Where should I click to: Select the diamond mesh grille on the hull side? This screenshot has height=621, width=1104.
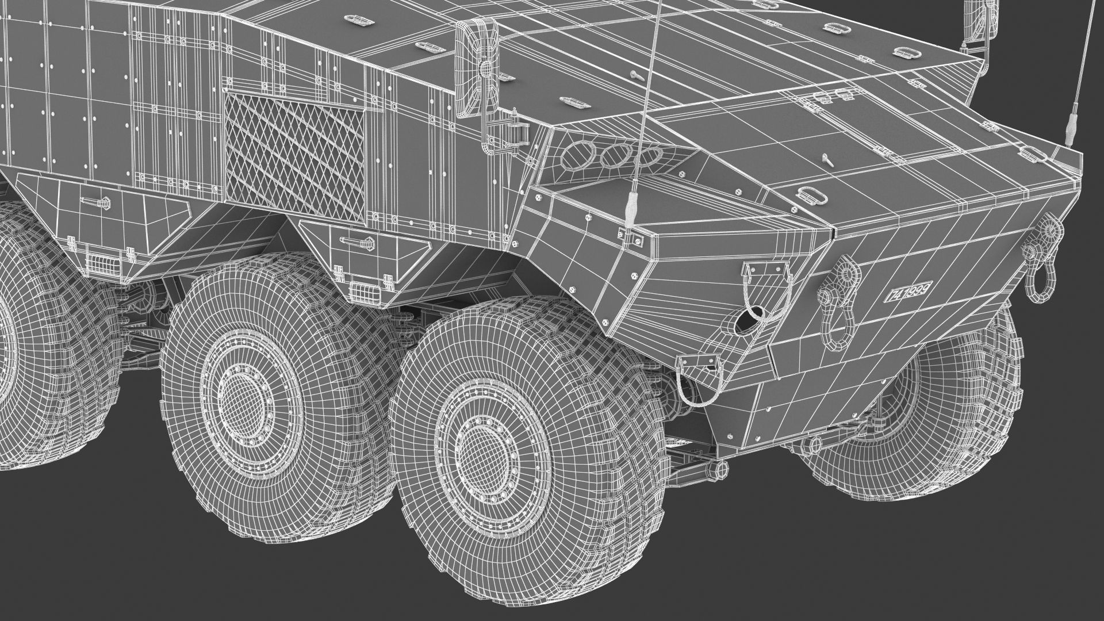point(294,154)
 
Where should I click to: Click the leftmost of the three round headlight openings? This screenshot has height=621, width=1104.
point(575,156)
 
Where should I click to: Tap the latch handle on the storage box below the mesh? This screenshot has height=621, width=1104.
point(355,242)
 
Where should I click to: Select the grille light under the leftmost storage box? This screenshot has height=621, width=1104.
point(103,263)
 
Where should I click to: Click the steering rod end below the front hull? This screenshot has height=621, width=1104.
point(715,469)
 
